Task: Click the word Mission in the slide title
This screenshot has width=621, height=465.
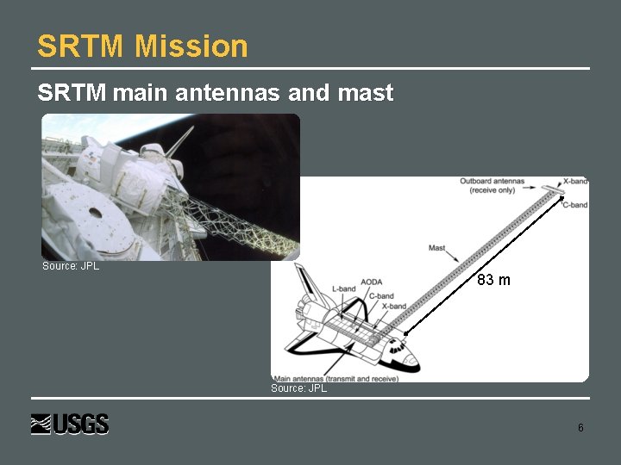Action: coord(191,46)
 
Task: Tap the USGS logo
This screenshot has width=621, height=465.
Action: coord(70,425)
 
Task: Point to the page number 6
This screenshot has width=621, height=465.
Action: coord(580,428)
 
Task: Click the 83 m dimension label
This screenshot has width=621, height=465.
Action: coord(493,280)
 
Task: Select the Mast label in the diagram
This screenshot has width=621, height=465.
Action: coord(437,248)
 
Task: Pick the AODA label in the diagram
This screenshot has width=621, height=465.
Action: coord(372,282)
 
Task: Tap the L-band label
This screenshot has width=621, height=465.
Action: coord(343,288)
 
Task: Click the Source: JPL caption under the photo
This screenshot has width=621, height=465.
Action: coord(71,266)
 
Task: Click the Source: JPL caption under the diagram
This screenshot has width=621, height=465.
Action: coord(298,388)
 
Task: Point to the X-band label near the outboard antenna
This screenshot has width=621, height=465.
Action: coord(575,182)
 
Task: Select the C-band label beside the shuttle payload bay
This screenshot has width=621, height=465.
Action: coord(381,296)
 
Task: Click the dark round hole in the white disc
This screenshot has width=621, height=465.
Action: coord(94,212)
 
